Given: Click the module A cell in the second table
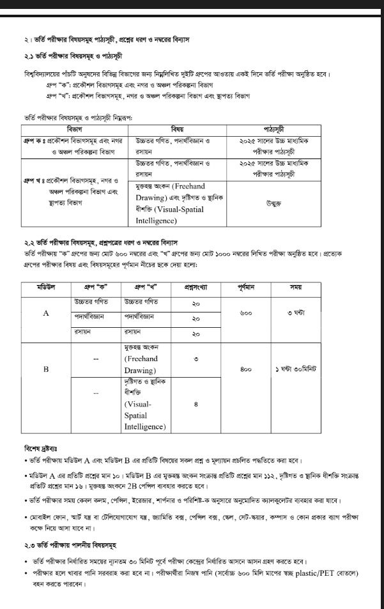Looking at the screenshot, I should (45, 314).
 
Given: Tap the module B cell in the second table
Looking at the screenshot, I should (45, 369).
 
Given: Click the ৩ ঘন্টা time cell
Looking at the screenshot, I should (298, 314).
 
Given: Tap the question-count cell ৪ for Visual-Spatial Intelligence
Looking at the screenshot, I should (196, 404).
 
